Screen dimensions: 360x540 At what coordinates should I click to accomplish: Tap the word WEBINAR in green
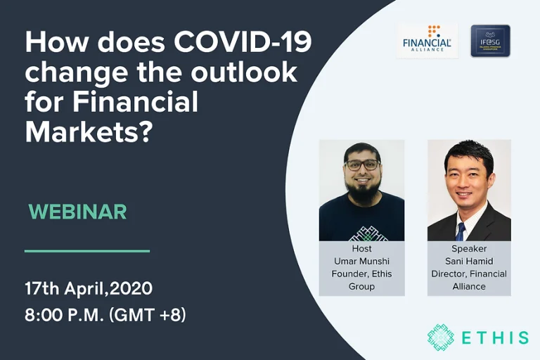click(x=77, y=212)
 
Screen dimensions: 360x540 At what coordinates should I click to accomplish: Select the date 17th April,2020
click(x=89, y=288)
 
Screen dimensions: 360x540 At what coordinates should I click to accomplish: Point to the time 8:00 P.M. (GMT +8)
click(x=105, y=316)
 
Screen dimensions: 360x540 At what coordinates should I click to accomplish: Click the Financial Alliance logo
click(x=427, y=40)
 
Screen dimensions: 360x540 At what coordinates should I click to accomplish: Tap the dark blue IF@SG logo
click(x=490, y=40)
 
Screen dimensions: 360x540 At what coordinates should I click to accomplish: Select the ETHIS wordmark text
click(x=496, y=337)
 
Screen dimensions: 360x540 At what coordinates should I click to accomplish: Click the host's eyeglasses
click(x=362, y=165)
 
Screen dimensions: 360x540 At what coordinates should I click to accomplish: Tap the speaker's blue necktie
click(x=461, y=230)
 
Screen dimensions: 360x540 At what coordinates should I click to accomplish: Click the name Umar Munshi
click(x=361, y=262)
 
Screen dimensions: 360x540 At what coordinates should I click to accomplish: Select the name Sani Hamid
click(x=469, y=262)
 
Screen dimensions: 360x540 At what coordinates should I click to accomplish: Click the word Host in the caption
click(x=361, y=249)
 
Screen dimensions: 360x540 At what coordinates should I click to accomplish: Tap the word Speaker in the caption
click(x=469, y=249)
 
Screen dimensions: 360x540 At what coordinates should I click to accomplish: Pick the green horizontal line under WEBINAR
click(x=87, y=250)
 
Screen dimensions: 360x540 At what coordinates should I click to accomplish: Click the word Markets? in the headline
click(x=89, y=131)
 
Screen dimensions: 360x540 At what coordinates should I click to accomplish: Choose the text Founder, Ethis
click(x=361, y=274)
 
